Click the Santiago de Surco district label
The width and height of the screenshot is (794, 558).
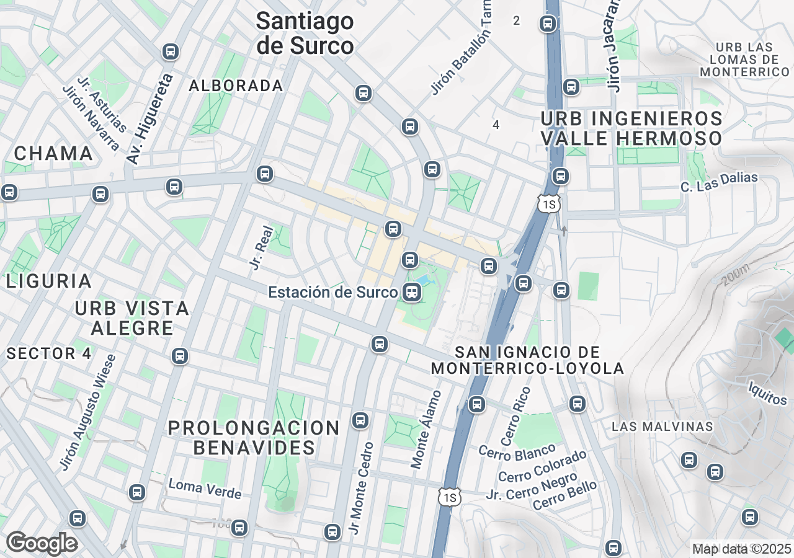305,33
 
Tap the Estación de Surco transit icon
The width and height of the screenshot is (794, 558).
411,291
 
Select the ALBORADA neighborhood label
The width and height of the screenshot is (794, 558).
236,86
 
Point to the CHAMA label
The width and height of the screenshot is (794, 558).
53,153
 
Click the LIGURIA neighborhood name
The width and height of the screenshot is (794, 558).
50,281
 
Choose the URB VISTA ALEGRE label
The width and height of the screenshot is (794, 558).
132,317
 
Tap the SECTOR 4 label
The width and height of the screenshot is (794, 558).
49,354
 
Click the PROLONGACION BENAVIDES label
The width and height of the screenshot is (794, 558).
254,437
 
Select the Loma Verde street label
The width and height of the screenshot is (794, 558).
205,489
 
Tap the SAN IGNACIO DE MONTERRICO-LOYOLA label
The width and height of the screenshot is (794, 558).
527,360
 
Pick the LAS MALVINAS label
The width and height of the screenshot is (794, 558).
662,427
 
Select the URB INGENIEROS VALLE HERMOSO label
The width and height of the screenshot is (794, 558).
631,128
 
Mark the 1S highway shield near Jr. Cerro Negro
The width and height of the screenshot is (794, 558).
450,497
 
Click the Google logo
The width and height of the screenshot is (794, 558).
42,542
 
